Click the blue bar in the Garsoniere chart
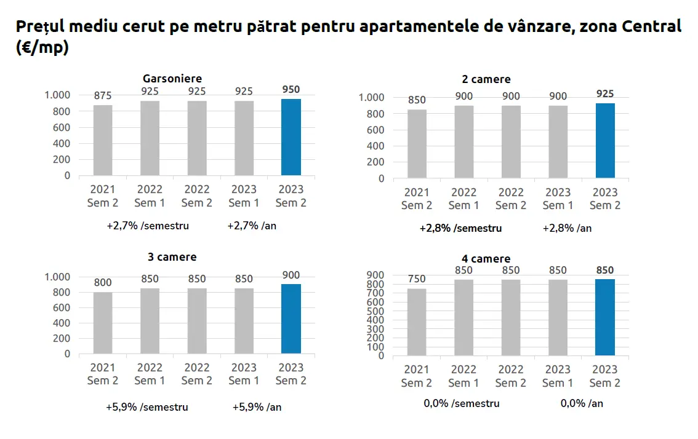pos(291,137)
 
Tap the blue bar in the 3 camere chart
pos(291,318)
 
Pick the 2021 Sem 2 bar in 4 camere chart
pos(417,322)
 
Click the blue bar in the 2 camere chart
pos(605,141)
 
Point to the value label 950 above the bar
pos(291,90)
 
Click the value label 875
pos(103,96)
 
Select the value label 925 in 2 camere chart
pos(605,94)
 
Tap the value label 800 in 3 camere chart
pos(103,283)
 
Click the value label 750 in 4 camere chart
pos(417,279)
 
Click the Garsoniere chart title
pos(172,79)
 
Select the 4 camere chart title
pos(486,259)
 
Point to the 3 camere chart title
pos(172,256)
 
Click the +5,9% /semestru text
pos(147,407)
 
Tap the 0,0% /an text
pos(582,404)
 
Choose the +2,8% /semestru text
pos(460,228)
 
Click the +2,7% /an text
pos(252,226)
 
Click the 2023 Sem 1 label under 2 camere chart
pos(558,199)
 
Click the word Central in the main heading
pos(652,27)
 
